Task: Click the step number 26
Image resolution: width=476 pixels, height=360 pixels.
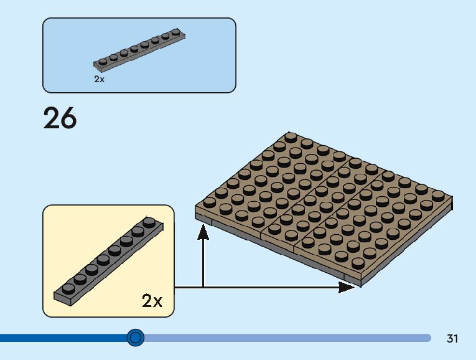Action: click(60, 118)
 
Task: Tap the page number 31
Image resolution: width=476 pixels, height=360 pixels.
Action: click(452, 339)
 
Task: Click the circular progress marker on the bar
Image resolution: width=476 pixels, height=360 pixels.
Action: click(135, 338)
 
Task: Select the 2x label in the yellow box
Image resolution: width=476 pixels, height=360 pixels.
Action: click(152, 301)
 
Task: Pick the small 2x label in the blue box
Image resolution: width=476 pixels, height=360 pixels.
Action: click(100, 79)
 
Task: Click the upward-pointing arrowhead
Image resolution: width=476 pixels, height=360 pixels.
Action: click(203, 232)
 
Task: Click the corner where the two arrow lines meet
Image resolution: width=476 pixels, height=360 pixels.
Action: click(203, 287)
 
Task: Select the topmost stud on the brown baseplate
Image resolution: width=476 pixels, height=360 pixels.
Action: click(291, 136)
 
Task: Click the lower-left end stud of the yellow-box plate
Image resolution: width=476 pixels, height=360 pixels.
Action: click(68, 288)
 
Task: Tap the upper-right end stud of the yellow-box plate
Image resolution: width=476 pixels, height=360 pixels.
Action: click(149, 221)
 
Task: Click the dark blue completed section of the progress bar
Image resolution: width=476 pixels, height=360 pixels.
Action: click(62, 338)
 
